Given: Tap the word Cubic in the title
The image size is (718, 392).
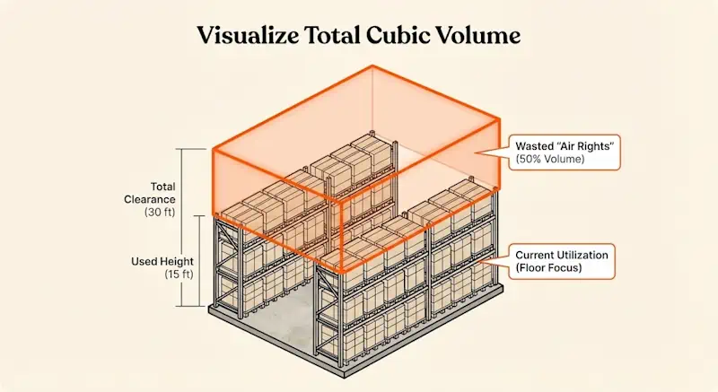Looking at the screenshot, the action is coord(407,38).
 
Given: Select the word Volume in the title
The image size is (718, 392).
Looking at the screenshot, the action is coord(482,38).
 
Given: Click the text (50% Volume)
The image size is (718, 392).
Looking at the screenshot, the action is coord(550,158).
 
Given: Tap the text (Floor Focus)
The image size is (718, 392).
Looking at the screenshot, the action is coord(548,268).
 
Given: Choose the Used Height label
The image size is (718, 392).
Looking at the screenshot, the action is coord(153,261).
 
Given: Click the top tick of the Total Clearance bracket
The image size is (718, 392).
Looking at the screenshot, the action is coord(185,147).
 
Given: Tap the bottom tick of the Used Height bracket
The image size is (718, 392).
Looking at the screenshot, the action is coord(185,307).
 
